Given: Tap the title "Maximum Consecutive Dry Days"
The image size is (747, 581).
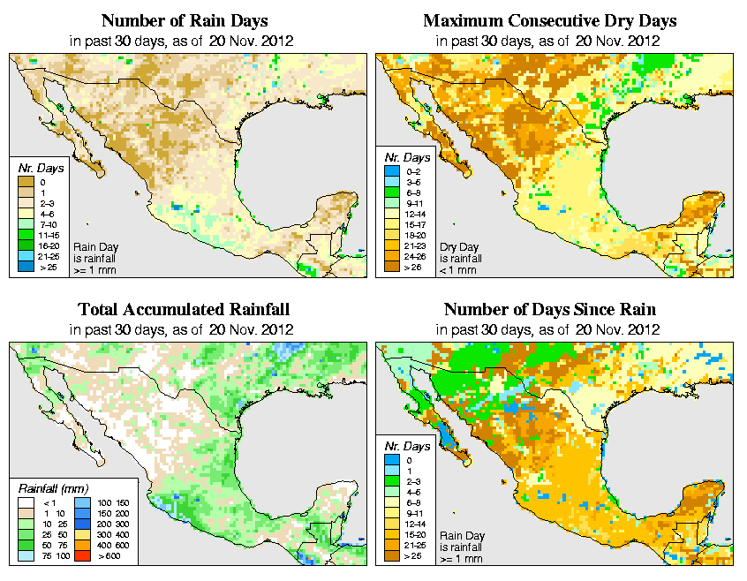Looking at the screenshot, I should (x=550, y=20).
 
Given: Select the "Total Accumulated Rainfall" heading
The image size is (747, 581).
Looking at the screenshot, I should (x=183, y=310).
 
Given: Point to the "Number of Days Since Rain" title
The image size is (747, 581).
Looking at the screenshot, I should (x=550, y=310).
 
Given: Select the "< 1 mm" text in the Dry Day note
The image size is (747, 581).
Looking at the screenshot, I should (x=458, y=270).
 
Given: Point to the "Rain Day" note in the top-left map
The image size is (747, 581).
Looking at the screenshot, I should (x=91, y=248).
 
